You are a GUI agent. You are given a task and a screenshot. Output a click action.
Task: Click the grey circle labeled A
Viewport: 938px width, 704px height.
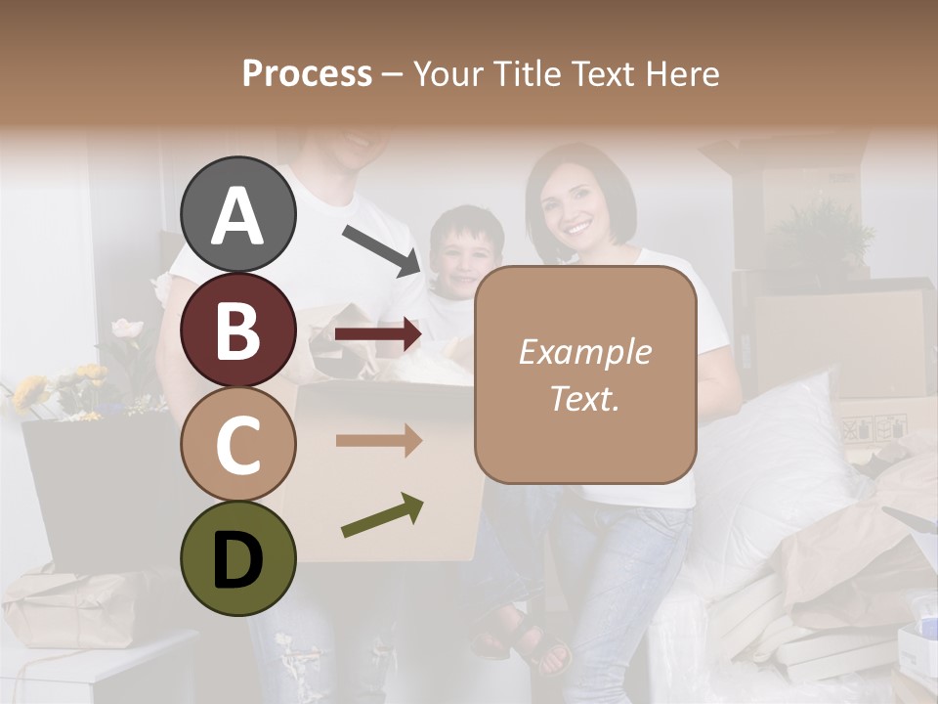238,214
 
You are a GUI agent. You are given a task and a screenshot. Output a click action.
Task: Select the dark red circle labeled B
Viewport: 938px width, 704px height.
238,330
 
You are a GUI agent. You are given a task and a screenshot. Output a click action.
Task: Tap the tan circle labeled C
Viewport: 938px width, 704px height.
238,444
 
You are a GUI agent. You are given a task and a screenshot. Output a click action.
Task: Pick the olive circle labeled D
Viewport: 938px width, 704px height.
238,558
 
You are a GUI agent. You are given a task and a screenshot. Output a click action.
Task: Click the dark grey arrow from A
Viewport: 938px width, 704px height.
381,249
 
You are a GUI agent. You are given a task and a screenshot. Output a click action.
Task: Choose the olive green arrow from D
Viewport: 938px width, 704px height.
382,516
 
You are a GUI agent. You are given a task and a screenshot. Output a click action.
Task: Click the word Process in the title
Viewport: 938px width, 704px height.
307,73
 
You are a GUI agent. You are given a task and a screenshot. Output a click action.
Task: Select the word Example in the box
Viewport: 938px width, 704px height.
584,352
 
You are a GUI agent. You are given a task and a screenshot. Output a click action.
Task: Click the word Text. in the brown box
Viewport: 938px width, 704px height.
584,398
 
